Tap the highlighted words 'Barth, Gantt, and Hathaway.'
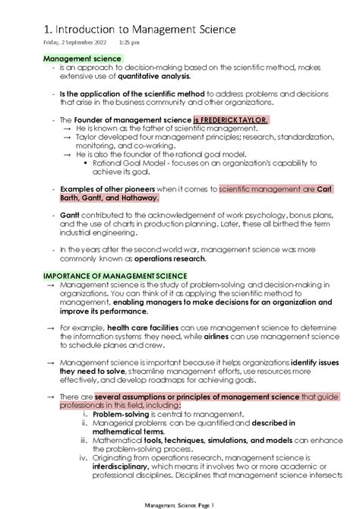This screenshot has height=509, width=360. pos(110,198)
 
